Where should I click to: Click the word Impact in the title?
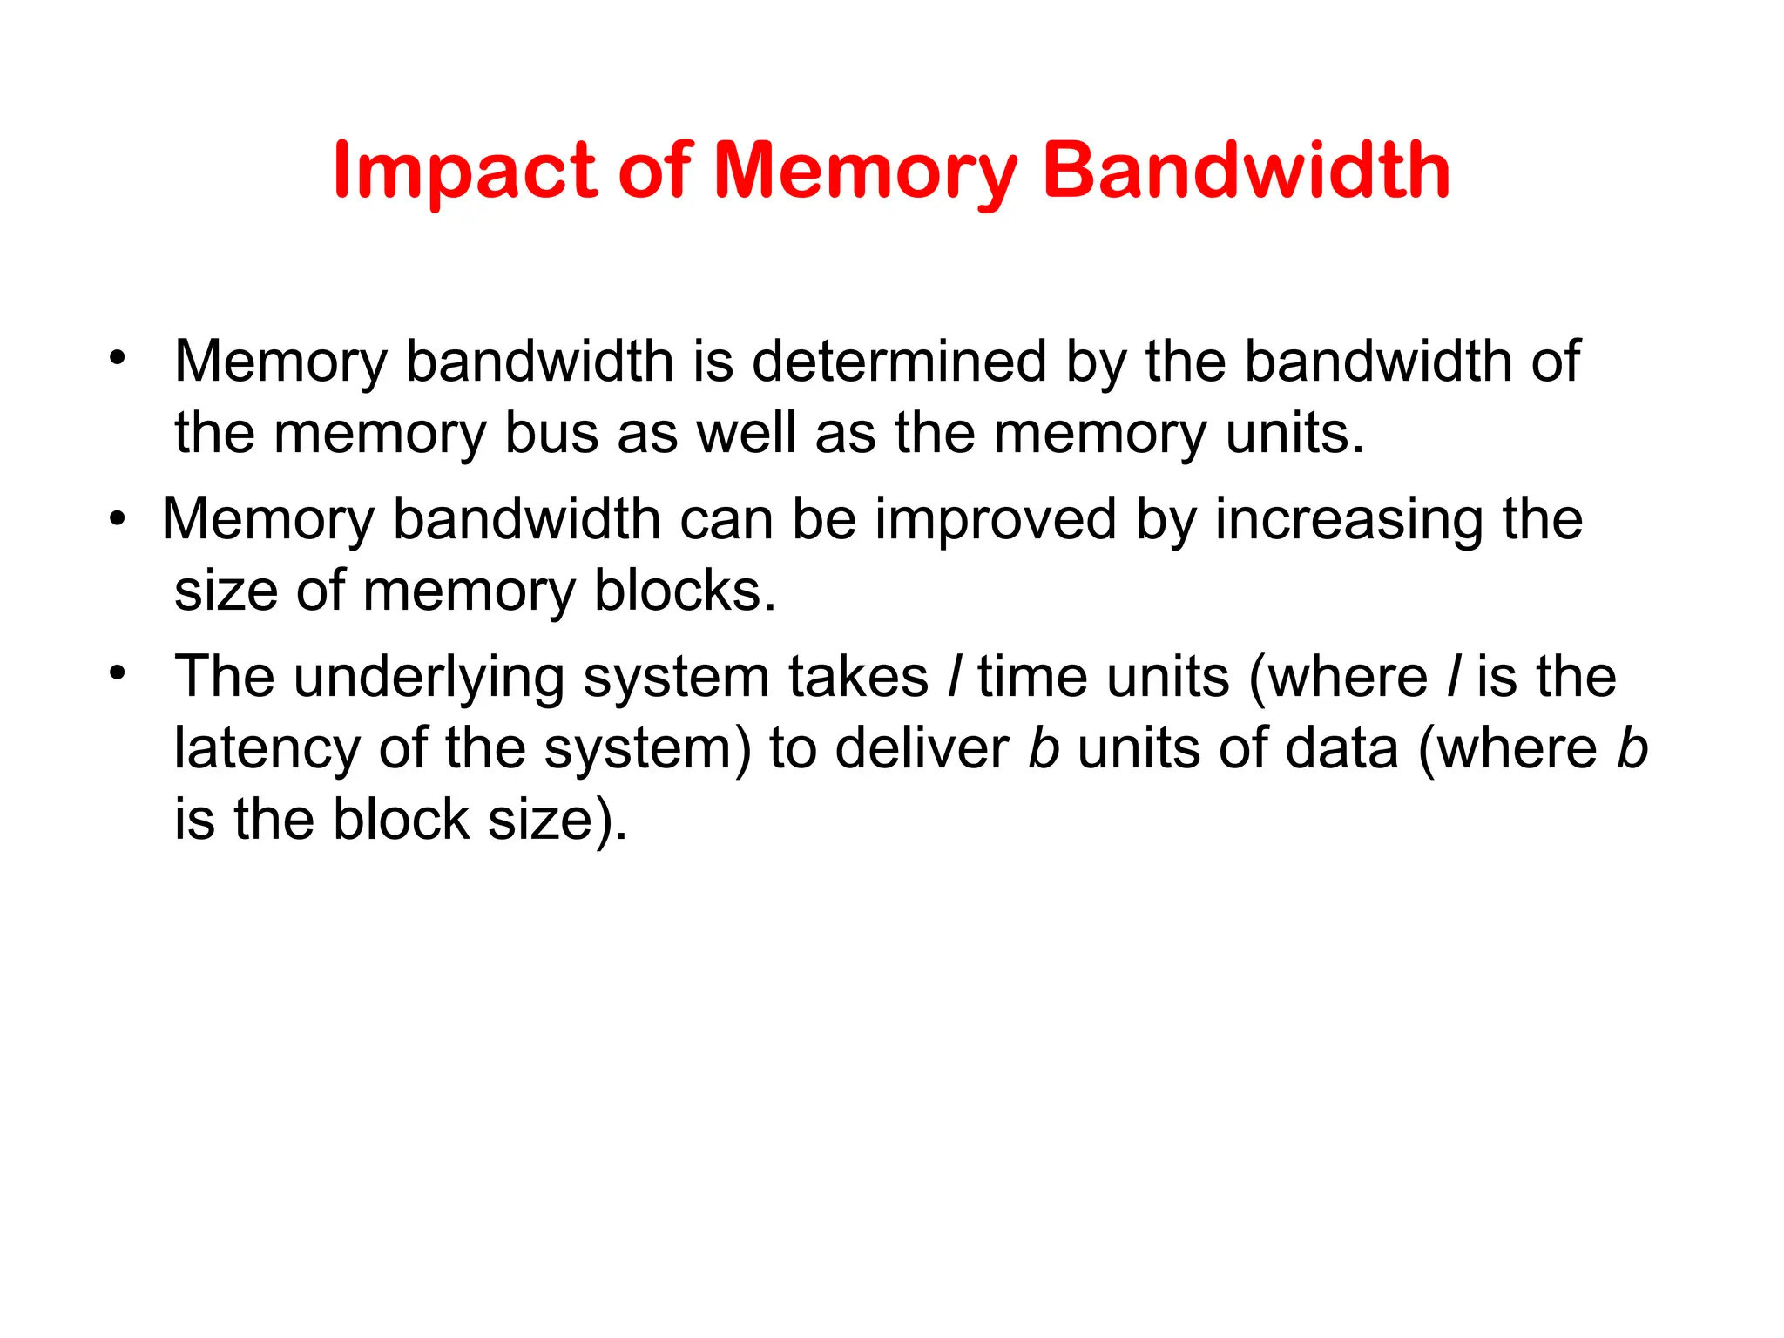pos(465,172)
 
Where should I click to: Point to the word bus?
pos(551,433)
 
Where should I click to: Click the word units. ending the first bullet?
pos(1294,433)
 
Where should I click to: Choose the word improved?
pos(995,520)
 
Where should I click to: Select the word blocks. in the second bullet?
pos(685,591)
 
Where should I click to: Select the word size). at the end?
pos(557,820)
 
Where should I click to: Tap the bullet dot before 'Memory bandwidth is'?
pos(118,358)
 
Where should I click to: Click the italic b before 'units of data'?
pos(1044,748)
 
